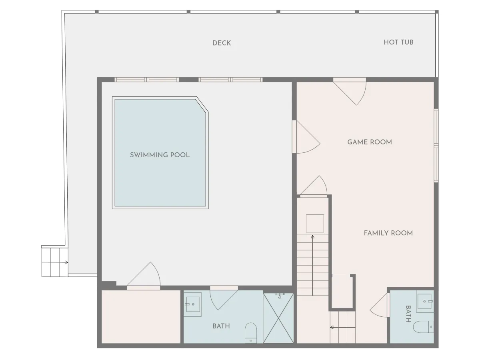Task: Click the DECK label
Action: click(222, 43)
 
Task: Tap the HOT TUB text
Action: click(398, 42)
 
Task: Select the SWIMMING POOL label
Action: click(160, 155)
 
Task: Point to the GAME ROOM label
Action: click(370, 142)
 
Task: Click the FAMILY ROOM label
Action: click(388, 233)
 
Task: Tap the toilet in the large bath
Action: click(251, 333)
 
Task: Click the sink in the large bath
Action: click(192, 304)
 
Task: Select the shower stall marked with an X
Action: click(278, 318)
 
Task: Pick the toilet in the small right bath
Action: click(423, 327)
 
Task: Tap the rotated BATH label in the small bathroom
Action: click(408, 314)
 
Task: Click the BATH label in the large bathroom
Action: click(221, 326)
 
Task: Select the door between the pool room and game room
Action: click(306, 137)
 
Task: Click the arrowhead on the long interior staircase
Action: click(312, 237)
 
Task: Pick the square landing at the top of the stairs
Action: click(315, 223)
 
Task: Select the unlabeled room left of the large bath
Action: click(141, 317)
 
